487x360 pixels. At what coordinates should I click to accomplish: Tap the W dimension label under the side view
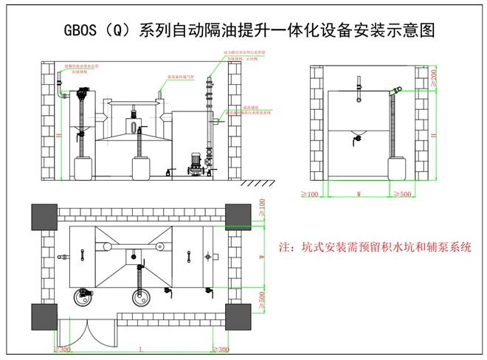point(358,195)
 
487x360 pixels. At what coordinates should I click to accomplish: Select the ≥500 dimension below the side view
point(404,194)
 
